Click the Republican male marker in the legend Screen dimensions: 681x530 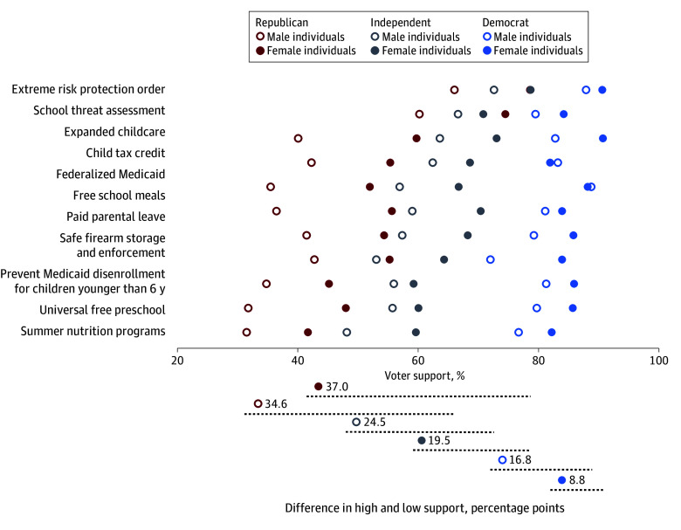[x=260, y=37]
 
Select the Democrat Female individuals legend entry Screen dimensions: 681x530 [x=533, y=51]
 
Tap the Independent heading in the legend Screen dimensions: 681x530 [x=400, y=23]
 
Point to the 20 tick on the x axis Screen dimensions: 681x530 [x=177, y=350]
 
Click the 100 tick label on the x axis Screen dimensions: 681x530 [x=659, y=361]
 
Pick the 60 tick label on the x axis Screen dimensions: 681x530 [x=418, y=361]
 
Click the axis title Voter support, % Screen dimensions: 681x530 [x=424, y=375]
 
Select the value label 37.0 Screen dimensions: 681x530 [x=337, y=387]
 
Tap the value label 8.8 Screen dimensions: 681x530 [x=577, y=480]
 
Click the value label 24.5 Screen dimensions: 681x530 [x=375, y=423]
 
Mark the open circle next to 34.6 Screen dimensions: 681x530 [x=258, y=403]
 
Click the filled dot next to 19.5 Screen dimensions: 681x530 [x=422, y=441]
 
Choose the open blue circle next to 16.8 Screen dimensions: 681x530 [x=502, y=459]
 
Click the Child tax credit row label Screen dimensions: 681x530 [x=126, y=153]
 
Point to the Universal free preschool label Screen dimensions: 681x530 [x=102, y=310]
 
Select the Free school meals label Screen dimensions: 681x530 [x=119, y=196]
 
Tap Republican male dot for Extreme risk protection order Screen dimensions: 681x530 [x=454, y=90]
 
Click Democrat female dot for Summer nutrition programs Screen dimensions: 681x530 [x=552, y=333]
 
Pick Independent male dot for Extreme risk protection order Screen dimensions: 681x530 [x=494, y=90]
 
